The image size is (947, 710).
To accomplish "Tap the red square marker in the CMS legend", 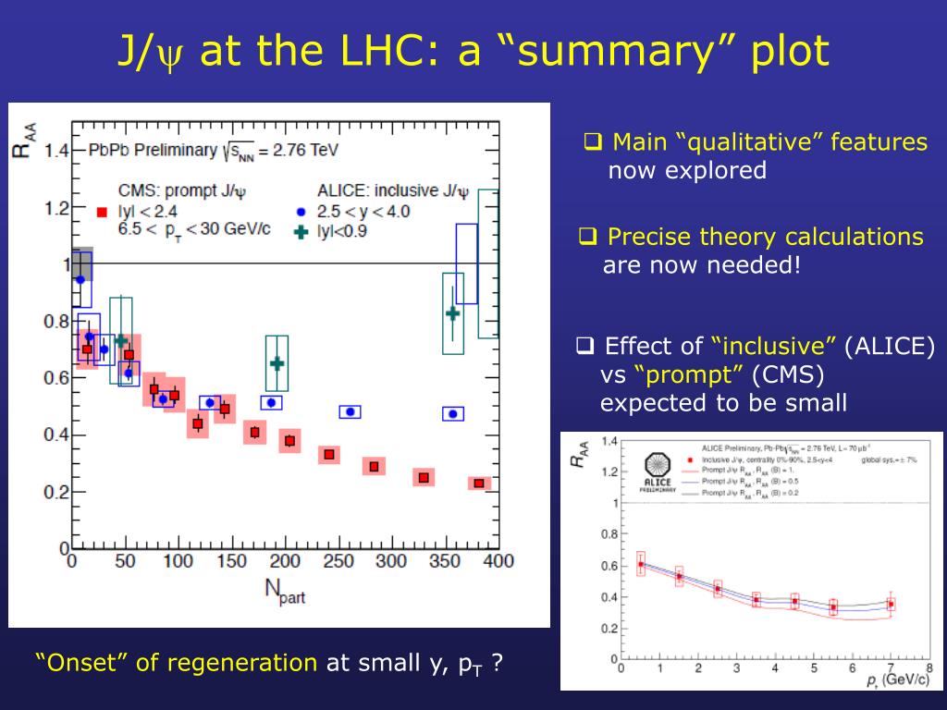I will coord(102,212).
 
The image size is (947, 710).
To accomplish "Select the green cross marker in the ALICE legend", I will coord(300,231).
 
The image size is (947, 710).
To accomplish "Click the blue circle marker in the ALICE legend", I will coord(301,212).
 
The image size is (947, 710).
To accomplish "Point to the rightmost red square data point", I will coord(479,484).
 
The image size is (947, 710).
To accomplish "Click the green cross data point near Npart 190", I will coord(277,363).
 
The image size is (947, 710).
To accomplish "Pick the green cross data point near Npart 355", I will coord(452,313).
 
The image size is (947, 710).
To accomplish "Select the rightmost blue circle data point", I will coord(453,414).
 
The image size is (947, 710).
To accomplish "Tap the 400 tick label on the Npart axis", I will coord(498,561).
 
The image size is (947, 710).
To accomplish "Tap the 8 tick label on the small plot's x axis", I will coord(928,667).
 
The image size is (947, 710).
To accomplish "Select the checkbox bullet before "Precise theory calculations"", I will coord(586,237).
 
